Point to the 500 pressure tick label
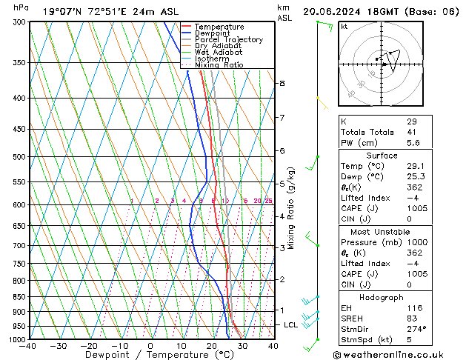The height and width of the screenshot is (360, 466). pos(19,157)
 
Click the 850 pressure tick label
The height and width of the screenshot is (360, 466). pos(19,297)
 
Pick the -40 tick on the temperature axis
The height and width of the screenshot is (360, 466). pos(28,346)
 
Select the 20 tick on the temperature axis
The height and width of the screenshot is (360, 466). pos(212,346)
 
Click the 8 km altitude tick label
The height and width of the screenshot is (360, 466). pos(282,84)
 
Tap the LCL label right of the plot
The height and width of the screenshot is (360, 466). pos(291,325)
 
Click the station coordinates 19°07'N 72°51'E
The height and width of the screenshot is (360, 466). pos(82,11)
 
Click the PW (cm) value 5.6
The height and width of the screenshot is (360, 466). pos(413,143)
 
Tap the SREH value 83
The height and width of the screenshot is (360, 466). pos(412,318)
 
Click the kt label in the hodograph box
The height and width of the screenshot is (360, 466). pos(344,26)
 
